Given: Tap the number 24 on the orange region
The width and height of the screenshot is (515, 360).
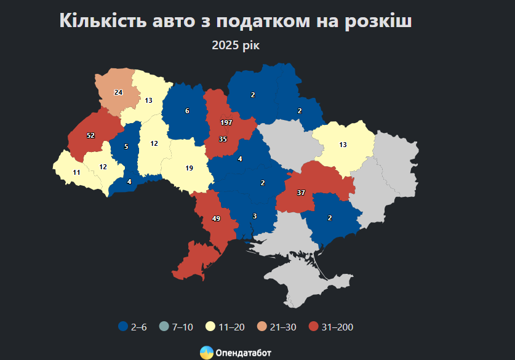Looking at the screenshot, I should click(118, 92).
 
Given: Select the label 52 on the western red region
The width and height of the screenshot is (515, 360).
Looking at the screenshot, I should click(90, 135).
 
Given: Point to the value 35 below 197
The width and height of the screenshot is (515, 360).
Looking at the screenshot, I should click(223, 140).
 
